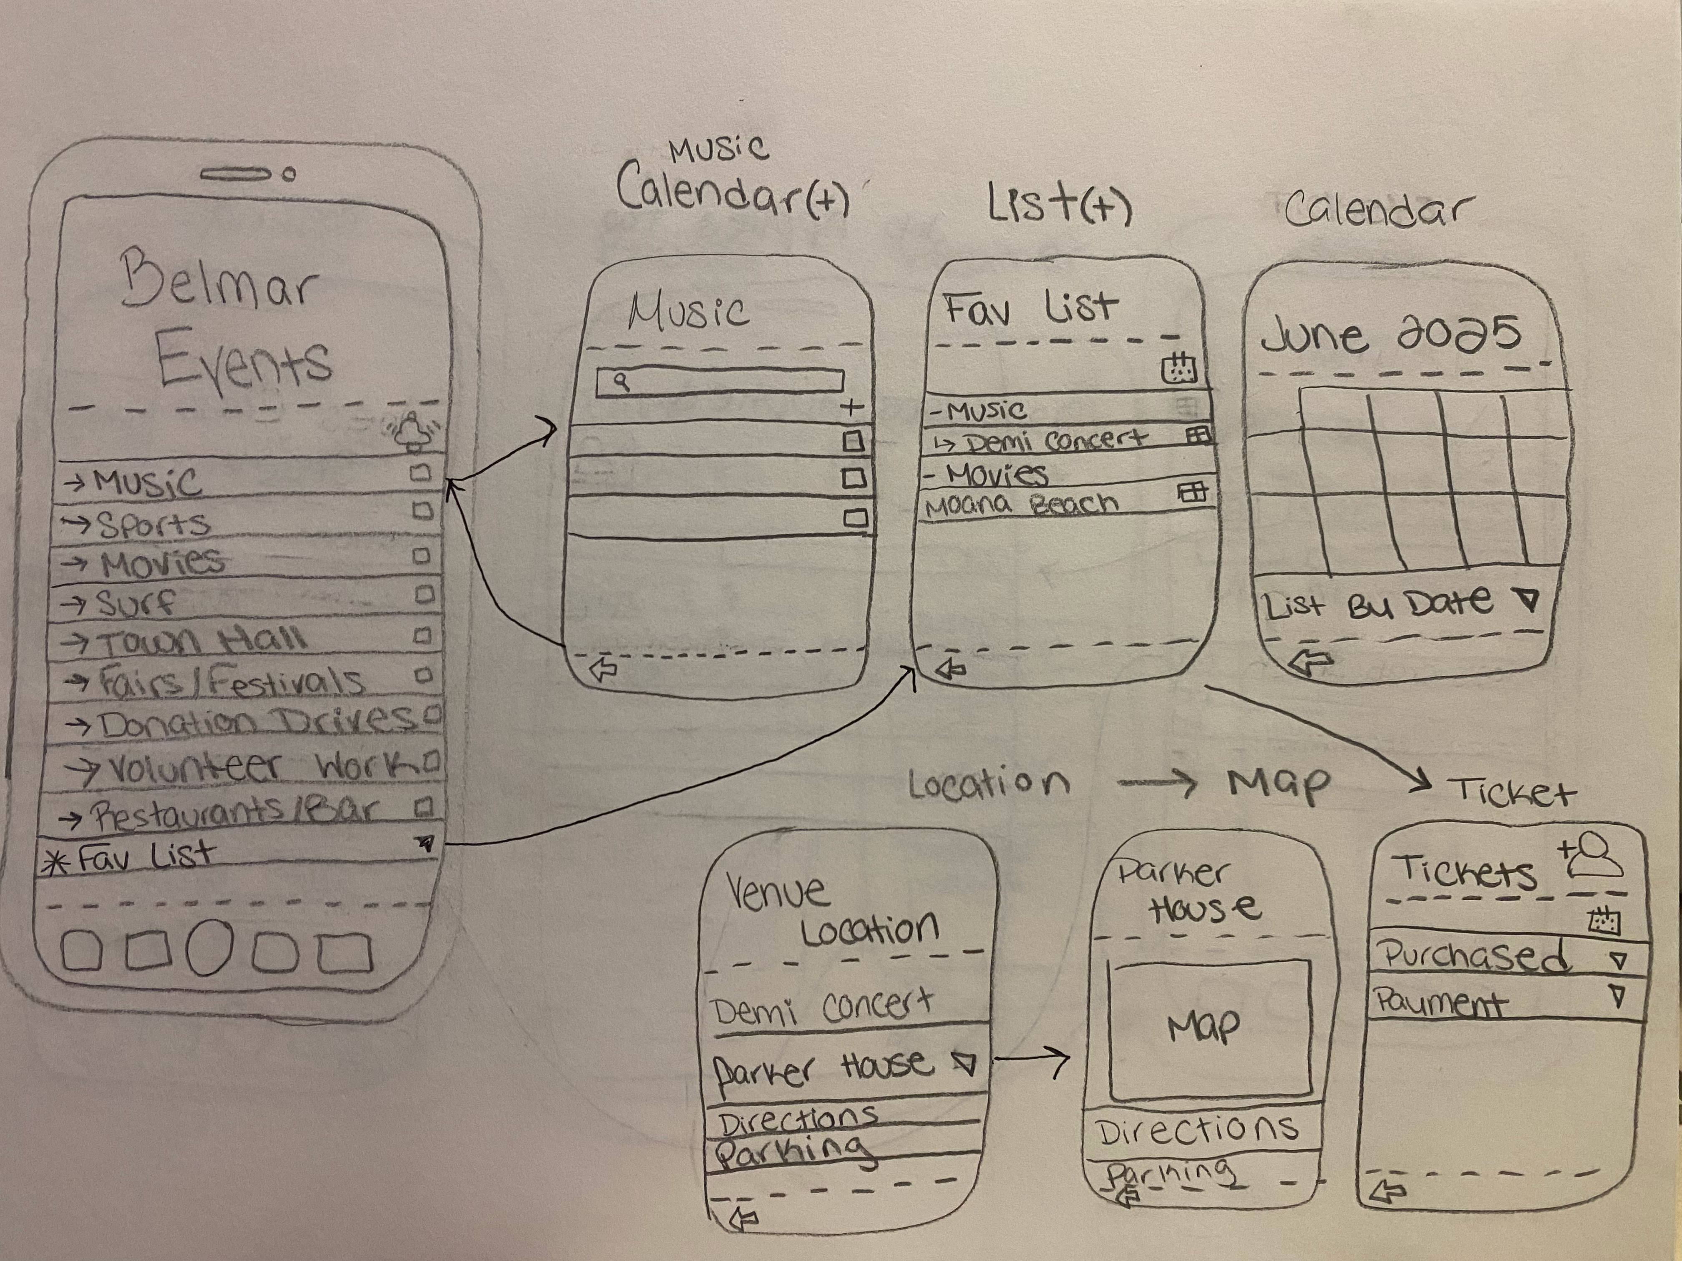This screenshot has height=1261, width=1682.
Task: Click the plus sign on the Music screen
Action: click(x=852, y=407)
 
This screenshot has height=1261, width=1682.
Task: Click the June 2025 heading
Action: click(x=1392, y=335)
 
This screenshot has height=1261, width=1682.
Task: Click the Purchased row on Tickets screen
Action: click(x=1475, y=956)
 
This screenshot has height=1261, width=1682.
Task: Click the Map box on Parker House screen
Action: click(x=1209, y=1028)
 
